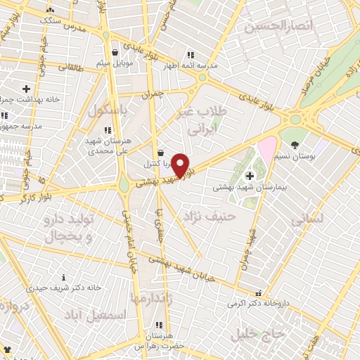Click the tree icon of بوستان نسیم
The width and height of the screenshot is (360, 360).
pyautogui.click(x=295, y=145)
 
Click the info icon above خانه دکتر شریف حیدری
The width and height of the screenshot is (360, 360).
pyautogui.click(x=64, y=277)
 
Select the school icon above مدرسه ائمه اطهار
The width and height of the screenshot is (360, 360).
pyautogui.click(x=189, y=55)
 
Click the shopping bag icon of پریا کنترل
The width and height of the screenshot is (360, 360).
pyautogui.click(x=161, y=152)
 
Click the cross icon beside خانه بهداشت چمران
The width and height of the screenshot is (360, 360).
pyautogui.click(x=26, y=89)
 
